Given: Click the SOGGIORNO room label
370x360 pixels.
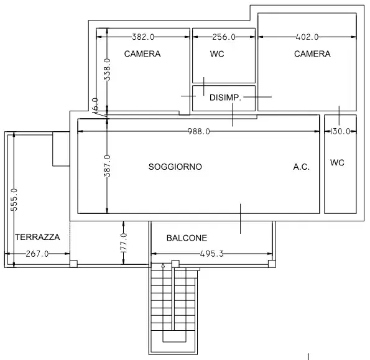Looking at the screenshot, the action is (175, 167).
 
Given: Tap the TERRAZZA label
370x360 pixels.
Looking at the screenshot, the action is (37, 237).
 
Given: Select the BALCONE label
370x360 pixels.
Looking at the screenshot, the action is (187, 238).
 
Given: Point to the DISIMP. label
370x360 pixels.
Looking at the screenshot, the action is (225, 98).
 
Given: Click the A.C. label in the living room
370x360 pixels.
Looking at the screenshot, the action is (302, 167).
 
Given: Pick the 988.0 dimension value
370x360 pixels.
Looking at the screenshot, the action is (199, 131).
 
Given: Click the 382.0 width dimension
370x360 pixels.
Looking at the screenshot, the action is (143, 37).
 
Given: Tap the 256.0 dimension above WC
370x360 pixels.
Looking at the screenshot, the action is (224, 37).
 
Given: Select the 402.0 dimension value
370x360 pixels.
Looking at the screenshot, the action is (307, 37).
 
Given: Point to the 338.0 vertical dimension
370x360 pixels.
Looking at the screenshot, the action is (107, 70).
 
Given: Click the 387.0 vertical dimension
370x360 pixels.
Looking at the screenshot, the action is (107, 166).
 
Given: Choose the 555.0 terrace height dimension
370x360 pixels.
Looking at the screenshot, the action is (14, 200).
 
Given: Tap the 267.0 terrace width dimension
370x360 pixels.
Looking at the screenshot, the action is (37, 254).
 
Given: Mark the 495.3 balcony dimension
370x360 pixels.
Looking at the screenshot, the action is (211, 254).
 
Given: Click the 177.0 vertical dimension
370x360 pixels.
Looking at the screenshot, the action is (124, 243).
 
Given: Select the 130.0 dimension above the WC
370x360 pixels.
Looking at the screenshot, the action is (340, 131).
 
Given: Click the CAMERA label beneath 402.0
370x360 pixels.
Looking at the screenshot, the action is (312, 54).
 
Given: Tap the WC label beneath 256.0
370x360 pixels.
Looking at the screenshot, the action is (217, 54).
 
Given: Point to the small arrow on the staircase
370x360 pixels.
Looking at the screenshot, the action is (163, 265).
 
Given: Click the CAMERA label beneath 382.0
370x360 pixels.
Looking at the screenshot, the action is (142, 54).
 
